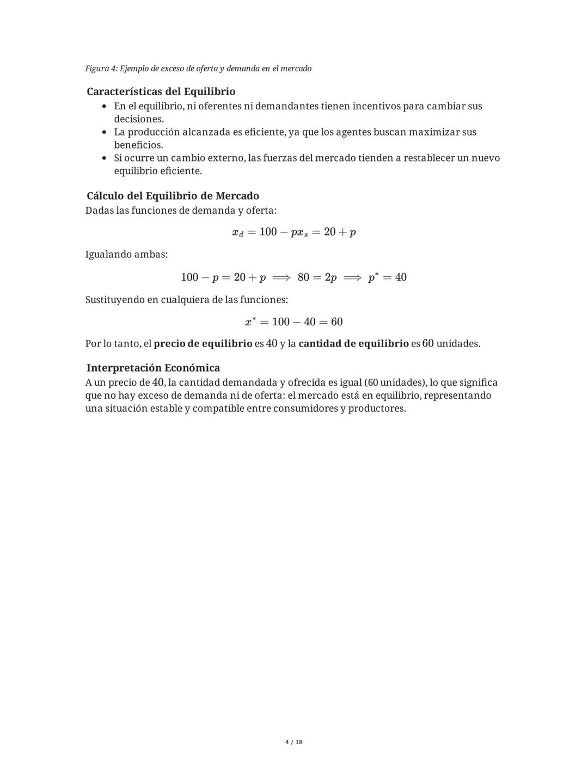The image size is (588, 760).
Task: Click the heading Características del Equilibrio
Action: [161, 91]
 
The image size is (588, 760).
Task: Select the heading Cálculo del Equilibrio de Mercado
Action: [173, 196]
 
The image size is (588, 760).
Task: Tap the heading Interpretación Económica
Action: [153, 368]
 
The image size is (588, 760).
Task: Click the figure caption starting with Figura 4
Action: [198, 69]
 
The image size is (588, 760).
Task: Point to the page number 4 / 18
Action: [294, 742]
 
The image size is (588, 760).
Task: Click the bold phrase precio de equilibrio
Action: [203, 344]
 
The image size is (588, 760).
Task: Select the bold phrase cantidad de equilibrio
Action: [353, 344]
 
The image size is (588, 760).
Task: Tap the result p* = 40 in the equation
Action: [387, 277]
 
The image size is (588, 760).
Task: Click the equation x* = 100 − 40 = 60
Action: [294, 322]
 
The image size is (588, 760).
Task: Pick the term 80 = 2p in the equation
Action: [317, 277]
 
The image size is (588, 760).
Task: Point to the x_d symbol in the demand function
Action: [237, 232]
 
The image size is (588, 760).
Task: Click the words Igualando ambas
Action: [126, 255]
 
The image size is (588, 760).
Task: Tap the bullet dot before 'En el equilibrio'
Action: [104, 106]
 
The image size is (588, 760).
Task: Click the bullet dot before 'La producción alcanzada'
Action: [104, 132]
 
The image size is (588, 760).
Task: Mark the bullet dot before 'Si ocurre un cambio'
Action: [104, 158]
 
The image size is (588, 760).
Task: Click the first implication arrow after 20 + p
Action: [281, 277]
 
